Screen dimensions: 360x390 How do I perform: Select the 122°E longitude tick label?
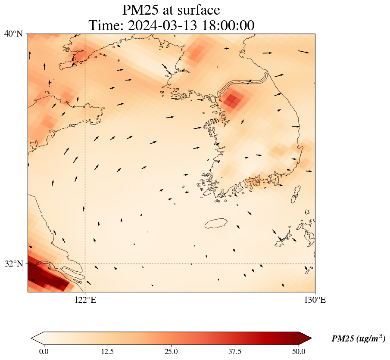[x=85, y=300]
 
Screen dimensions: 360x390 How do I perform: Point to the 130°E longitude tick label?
[x=315, y=300]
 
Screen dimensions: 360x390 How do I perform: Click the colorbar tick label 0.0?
[x=44, y=351]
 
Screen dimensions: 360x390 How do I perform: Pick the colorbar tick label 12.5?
[x=107, y=351]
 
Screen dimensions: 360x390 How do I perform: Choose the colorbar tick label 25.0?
[x=171, y=351]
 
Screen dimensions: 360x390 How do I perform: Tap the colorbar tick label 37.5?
[x=235, y=351]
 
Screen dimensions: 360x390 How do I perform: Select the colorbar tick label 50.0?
[x=299, y=351]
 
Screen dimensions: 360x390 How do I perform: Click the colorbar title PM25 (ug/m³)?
[x=358, y=339]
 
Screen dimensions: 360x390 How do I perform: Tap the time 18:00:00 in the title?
[x=228, y=25]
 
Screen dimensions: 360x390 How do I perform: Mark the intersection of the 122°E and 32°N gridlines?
[x=85, y=264]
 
